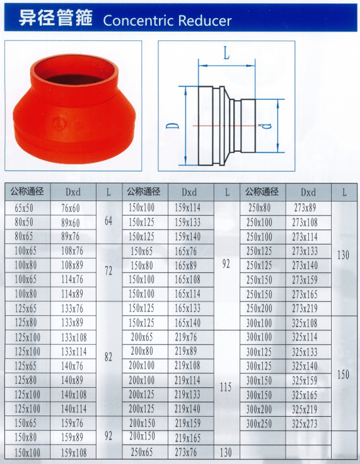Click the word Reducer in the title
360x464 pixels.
[x=205, y=20]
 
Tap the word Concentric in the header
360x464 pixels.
[x=139, y=20]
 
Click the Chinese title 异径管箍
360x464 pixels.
[x=55, y=18]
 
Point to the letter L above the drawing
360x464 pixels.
[x=226, y=54]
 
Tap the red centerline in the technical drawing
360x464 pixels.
[x=224, y=125]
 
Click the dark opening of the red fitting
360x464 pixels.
[x=73, y=79]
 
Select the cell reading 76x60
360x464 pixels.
[x=71, y=208]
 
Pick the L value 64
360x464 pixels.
[x=108, y=221]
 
